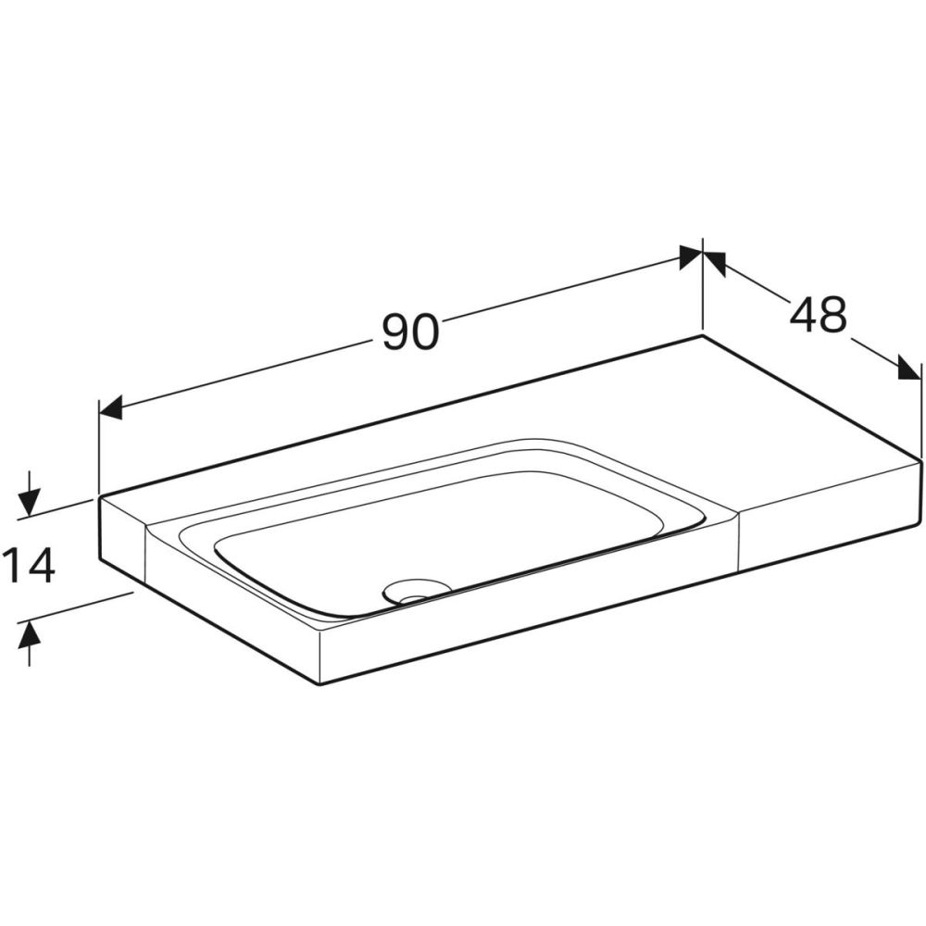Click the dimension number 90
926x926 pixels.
(x=409, y=331)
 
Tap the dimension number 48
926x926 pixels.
(x=819, y=315)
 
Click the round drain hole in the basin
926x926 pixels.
(x=415, y=590)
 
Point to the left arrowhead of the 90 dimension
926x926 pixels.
(x=110, y=407)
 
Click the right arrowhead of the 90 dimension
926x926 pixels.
(x=690, y=257)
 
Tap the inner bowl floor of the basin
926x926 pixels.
(x=444, y=537)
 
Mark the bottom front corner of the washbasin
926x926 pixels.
(x=319, y=683)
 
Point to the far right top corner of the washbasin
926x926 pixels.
(x=921, y=457)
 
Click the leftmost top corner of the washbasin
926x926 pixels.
(x=100, y=497)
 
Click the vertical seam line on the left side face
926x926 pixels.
(x=145, y=556)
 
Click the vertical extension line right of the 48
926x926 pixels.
(x=921, y=412)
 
